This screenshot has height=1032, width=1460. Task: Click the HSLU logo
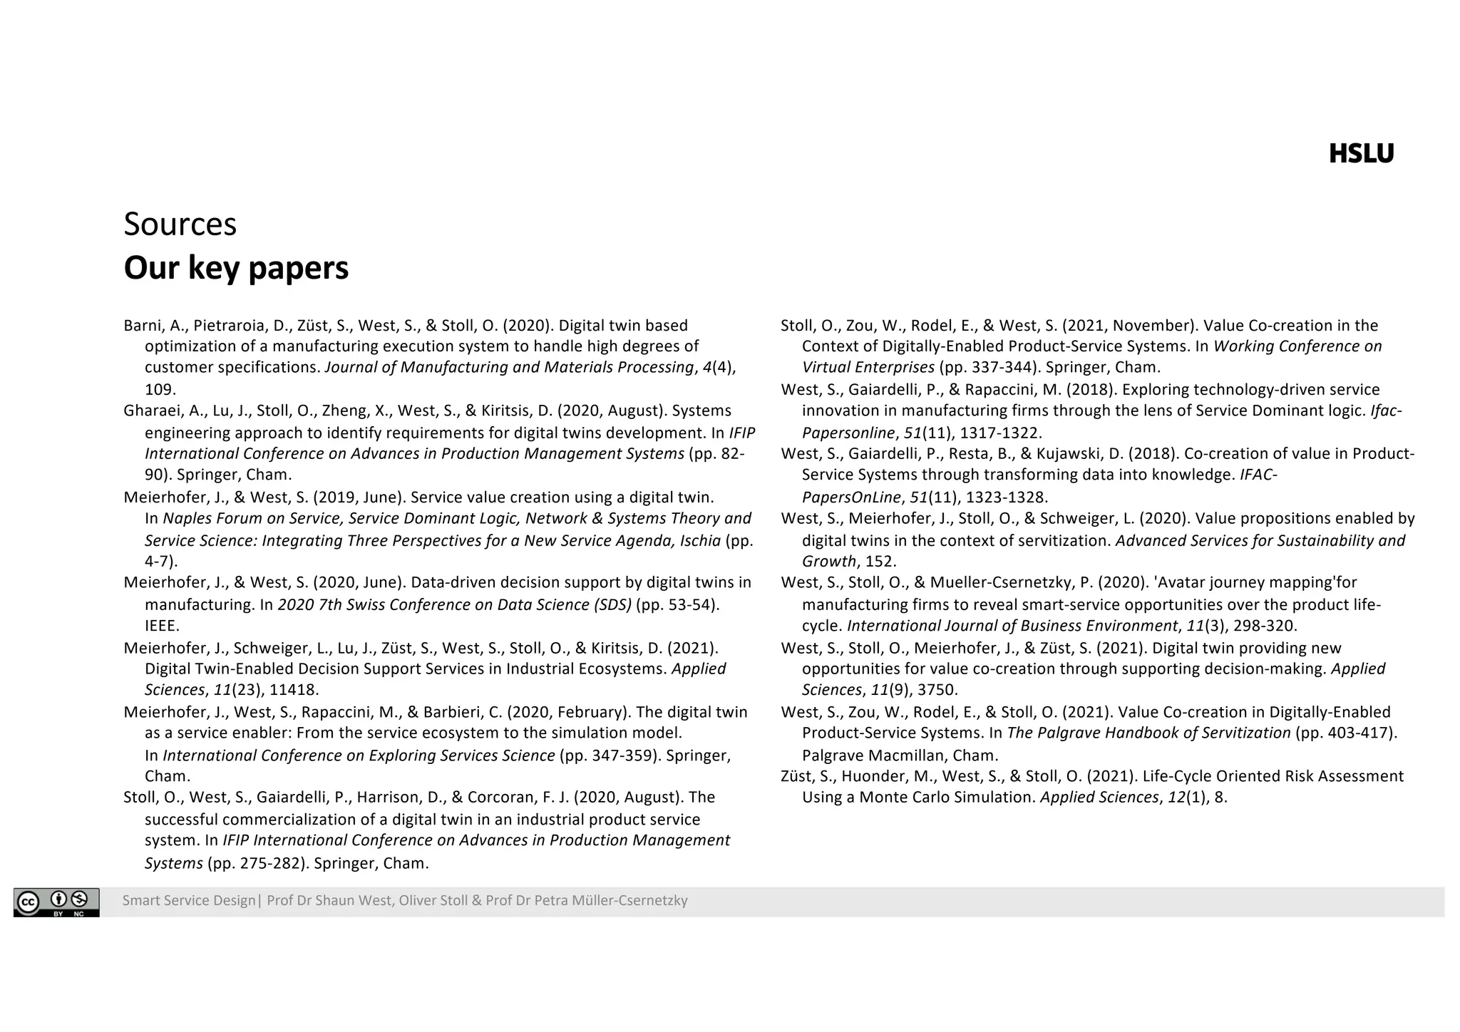1360,154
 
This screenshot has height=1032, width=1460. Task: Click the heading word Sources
180,224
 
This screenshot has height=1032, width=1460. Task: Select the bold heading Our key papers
236,268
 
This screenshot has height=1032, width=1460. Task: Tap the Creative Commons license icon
56,902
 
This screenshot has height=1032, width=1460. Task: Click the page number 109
160,389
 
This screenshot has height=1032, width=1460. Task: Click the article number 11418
294,690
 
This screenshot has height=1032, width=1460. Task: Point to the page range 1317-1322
999,433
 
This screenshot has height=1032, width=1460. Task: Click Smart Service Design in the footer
188,901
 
